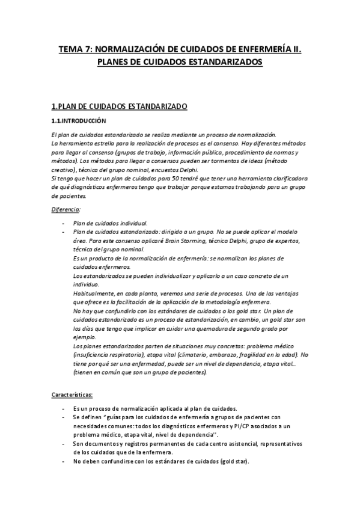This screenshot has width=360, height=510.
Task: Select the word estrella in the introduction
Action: click(x=104, y=144)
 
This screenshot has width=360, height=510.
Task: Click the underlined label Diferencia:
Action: click(x=66, y=209)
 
